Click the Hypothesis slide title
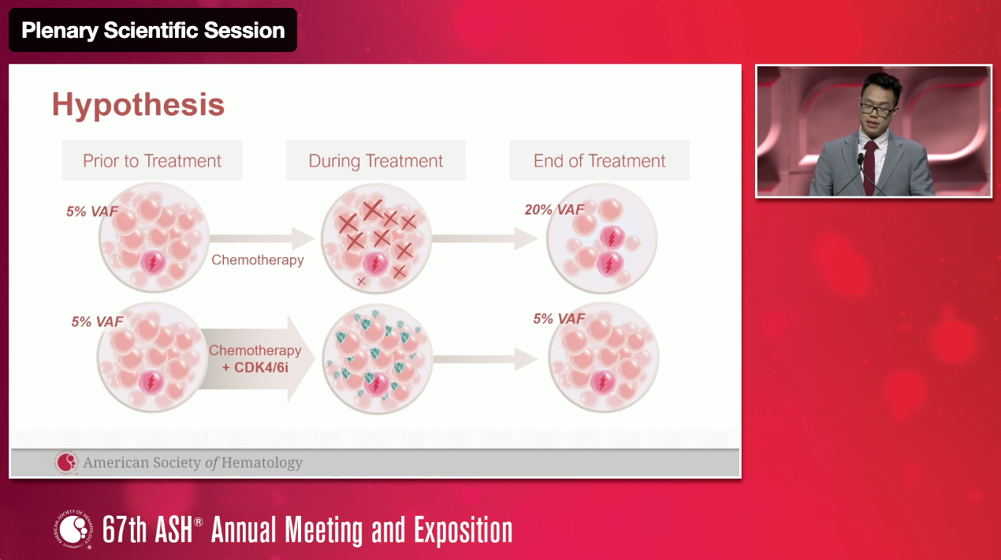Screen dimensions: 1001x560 tap(138, 105)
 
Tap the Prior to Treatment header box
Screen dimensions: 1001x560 tap(152, 161)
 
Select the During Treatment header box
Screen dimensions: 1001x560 tap(376, 161)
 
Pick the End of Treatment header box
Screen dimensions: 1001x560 tap(599, 161)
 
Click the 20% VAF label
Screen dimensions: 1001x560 tap(554, 209)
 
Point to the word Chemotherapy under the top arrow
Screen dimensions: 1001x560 tap(258, 259)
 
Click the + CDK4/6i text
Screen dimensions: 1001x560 tap(255, 368)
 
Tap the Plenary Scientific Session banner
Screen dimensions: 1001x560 tap(153, 30)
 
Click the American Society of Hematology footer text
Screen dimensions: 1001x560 tap(193, 462)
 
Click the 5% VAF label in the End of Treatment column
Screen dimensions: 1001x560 tap(559, 319)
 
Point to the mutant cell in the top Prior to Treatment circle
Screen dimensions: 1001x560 tap(153, 262)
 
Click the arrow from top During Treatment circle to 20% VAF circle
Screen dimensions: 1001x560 tap(485, 238)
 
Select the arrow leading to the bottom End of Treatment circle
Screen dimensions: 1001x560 tap(486, 359)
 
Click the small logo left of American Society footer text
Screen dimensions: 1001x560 tap(66, 462)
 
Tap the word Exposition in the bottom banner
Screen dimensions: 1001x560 tap(463, 531)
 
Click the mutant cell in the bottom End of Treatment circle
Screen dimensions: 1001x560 tap(603, 383)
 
